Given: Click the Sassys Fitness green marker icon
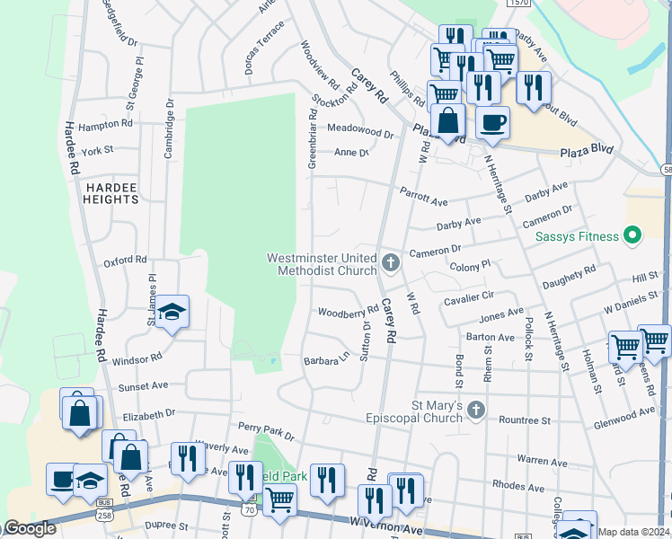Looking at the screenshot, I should (632, 236).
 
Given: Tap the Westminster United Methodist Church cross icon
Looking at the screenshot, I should (390, 263).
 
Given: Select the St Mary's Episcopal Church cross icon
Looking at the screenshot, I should (476, 411).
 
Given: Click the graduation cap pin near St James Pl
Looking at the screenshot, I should (172, 312).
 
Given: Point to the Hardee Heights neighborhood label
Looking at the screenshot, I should (111, 192).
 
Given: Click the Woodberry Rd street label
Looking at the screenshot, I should (348, 312).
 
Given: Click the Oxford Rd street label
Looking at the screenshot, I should (124, 261).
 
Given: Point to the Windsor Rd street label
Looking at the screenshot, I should (137, 358).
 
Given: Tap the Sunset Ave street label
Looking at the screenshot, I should (144, 385).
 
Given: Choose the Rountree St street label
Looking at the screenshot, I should (524, 420).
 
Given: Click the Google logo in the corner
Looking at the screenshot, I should (29, 528).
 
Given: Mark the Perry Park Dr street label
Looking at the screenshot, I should (266, 430).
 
